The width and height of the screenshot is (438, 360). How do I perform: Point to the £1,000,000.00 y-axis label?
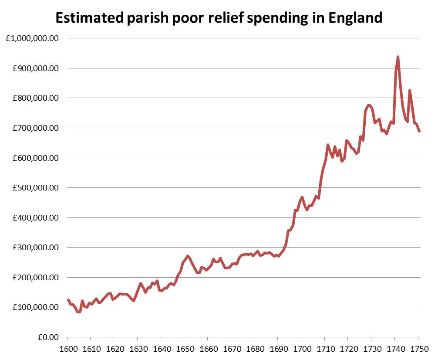coord(32,38)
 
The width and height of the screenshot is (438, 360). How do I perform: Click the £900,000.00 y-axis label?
coord(35,68)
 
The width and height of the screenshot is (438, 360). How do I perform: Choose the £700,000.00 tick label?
coord(35,128)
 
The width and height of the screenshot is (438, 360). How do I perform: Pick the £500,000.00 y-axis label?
coord(35,188)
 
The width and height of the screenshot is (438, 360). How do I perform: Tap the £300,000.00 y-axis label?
coord(35,248)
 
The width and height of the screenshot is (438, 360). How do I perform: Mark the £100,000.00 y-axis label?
coord(35,307)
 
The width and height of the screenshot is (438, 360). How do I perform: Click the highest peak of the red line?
coord(398,57)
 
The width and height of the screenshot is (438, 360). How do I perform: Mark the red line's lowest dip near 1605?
coord(77,312)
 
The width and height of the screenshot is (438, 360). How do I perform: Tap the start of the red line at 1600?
coord(68,300)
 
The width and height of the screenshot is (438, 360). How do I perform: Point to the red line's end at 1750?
coord(419,131)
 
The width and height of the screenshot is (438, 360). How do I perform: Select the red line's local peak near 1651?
coord(187,256)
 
